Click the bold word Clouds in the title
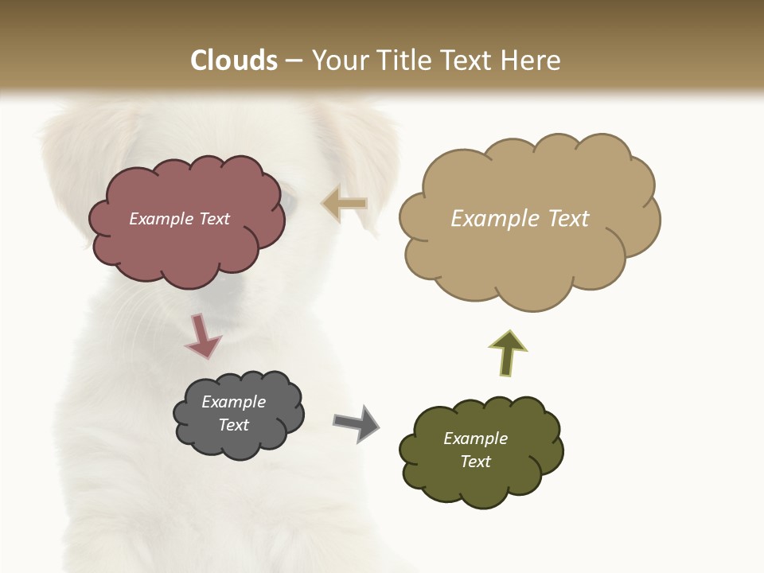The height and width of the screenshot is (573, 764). [x=234, y=60]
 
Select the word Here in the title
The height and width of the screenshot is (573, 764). [x=530, y=60]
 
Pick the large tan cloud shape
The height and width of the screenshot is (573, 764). [x=525, y=255]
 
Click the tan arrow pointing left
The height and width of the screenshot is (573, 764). [x=345, y=204]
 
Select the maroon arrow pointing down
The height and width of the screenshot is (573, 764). [x=202, y=336]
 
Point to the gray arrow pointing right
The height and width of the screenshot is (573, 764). [x=357, y=423]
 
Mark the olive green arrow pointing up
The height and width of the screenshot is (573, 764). [x=508, y=352]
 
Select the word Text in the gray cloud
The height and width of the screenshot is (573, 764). [x=234, y=425]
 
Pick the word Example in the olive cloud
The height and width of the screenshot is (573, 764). [x=475, y=439]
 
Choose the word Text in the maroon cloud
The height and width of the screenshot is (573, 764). [x=214, y=219]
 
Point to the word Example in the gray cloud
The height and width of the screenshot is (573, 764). [x=234, y=402]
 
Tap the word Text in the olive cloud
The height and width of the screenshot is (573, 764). [x=475, y=462]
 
